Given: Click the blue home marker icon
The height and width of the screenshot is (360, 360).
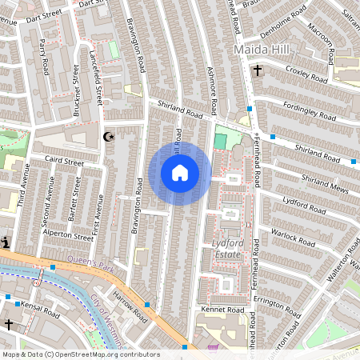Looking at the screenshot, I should (180, 173).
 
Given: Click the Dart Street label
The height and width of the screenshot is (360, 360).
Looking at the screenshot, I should (43, 15).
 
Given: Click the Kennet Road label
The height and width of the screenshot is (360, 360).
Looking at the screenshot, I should (224, 309).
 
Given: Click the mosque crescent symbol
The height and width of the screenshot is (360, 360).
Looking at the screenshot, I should (110, 137).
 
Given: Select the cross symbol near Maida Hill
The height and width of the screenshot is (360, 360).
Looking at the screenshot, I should (257, 70).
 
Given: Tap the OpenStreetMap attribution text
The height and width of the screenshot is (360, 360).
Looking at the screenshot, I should (80, 354).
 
